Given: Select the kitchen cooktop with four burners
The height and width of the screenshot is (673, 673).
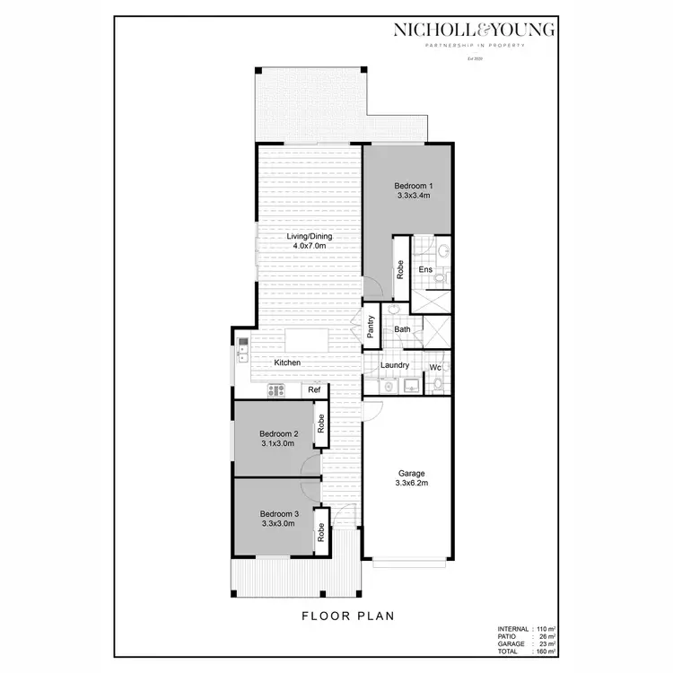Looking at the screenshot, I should pyautogui.click(x=276, y=390).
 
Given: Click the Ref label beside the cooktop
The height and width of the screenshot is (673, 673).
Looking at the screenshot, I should pyautogui.click(x=314, y=390).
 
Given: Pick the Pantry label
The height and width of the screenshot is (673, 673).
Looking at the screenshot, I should pyautogui.click(x=370, y=328).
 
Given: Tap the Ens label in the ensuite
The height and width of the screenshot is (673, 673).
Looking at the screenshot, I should pyautogui.click(x=425, y=269).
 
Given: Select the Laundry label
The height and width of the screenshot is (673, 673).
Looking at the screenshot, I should pyautogui.click(x=395, y=365).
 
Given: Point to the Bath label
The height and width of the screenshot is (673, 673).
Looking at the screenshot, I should pyautogui.click(x=402, y=330).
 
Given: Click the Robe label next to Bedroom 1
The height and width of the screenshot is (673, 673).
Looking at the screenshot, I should pyautogui.click(x=400, y=270).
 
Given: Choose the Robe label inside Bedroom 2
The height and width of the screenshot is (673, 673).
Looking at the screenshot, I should pyautogui.click(x=319, y=424).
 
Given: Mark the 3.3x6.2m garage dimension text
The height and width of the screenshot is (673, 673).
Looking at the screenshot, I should pyautogui.click(x=412, y=483).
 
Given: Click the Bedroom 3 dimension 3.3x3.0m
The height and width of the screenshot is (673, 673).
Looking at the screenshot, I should pyautogui.click(x=277, y=523).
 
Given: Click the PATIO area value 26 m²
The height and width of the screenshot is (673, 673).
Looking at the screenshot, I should pyautogui.click(x=546, y=636).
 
